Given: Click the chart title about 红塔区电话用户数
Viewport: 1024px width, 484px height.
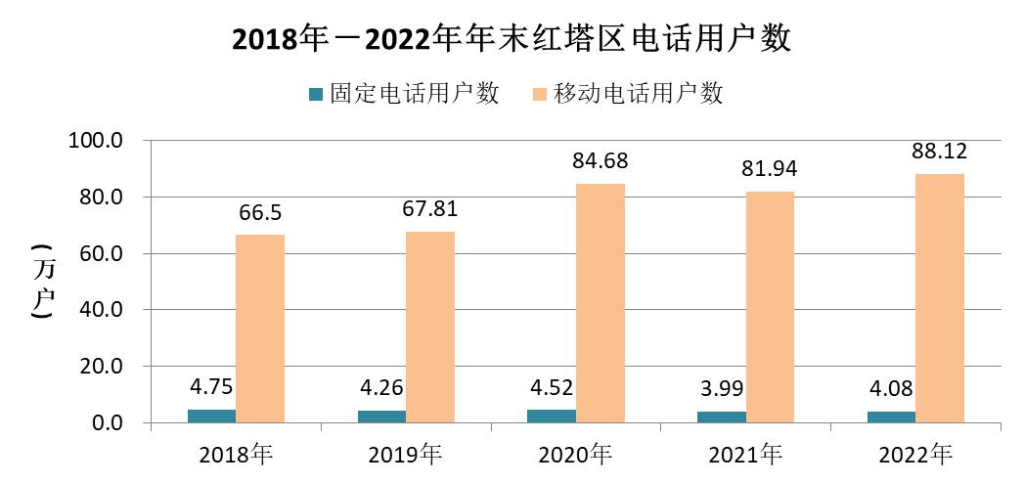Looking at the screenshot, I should pos(511,40).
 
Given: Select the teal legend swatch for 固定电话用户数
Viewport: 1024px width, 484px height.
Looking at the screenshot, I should pos(315,95).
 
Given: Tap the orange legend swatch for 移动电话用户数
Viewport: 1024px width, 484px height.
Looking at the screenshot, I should pos(538,95).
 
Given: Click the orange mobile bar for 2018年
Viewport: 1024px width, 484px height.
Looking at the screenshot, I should pos(260,329).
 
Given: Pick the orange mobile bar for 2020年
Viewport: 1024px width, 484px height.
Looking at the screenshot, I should pos(601,303).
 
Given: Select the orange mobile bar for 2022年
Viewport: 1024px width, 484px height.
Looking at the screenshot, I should pos(940,298).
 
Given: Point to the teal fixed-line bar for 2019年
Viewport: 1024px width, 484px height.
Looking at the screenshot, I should pos(381,417).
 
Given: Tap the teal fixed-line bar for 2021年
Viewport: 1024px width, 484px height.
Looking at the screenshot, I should pos(722,418).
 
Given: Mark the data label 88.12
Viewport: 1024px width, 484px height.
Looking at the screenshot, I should pos(940,151).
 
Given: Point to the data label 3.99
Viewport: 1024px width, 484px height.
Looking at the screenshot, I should pos(722,388).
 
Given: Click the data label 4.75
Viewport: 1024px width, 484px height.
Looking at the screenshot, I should pos(212,386).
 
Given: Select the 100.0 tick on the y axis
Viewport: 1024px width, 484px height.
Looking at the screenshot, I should pos(95,141).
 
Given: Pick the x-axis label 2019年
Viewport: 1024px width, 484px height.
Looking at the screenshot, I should pos(405,455).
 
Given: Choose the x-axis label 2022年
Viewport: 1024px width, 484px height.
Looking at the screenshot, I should pos(914,455).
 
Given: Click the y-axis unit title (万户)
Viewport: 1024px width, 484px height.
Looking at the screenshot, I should pos(42,282).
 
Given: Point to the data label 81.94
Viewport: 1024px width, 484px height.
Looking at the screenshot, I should pos(770,169).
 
